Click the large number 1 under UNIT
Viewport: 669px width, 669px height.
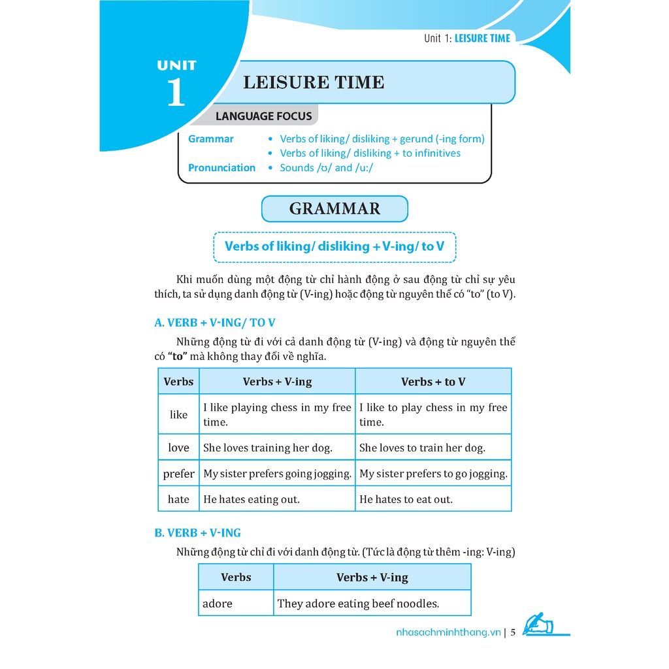176,92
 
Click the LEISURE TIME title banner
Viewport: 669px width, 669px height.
314,82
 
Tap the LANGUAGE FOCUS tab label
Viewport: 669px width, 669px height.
264,116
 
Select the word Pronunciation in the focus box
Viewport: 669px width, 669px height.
221,167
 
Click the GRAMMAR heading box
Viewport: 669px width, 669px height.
334,209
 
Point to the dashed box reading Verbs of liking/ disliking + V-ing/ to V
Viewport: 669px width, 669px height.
334,246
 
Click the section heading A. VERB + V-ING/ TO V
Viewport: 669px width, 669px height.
215,323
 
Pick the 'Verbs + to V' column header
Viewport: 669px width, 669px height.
433,382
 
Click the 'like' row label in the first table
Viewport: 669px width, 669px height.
178,414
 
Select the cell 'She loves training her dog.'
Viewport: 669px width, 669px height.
268,448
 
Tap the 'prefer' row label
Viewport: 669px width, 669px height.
178,474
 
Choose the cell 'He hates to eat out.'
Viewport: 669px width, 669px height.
406,499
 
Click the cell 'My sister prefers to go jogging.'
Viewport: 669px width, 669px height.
433,474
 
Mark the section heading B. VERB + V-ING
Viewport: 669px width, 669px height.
197,532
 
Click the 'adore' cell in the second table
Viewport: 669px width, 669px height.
218,604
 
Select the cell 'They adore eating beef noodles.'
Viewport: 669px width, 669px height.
358,604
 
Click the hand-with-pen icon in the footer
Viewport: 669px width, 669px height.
538,625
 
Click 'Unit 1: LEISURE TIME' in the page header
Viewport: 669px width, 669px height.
466,38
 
